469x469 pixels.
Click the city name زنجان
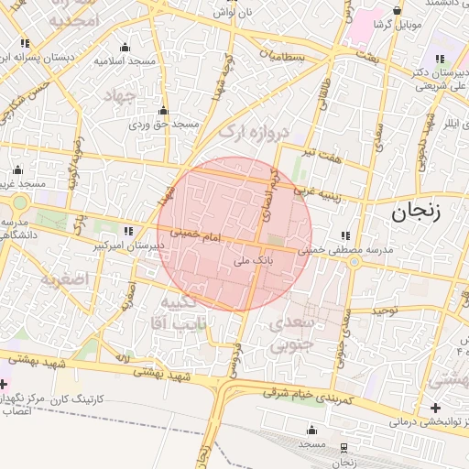417,213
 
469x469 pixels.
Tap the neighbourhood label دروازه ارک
254,135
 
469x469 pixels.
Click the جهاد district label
120,95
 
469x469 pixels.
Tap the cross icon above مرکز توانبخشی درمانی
434,407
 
